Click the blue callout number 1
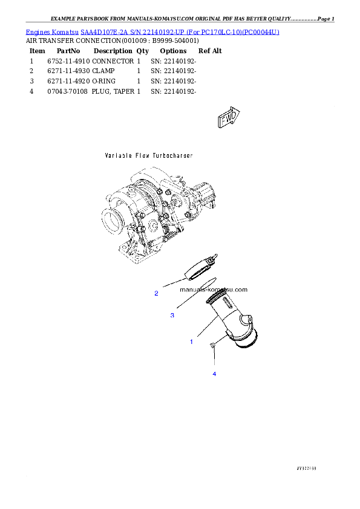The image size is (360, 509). pos(192,342)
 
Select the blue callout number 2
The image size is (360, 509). pos(156,293)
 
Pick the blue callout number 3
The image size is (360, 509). pos(172,315)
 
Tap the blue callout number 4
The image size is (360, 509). pos(214,374)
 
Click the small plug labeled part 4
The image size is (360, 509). pos(214,346)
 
